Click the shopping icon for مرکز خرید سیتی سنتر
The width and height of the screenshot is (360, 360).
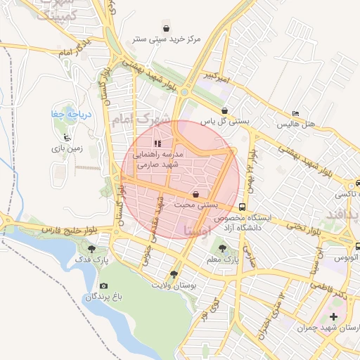coord(165,28)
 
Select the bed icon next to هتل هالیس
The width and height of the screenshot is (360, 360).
coord(295,113)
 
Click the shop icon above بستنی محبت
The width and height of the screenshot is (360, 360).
coord(195,194)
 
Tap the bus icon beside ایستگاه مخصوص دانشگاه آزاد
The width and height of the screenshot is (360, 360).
coord(243,207)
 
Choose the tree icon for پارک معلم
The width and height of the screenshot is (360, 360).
coord(223,247)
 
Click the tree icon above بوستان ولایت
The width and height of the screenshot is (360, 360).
coord(174,274)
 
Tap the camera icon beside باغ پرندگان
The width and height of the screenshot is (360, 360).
coord(104,285)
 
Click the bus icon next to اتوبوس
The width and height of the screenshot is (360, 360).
coord(359,247)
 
